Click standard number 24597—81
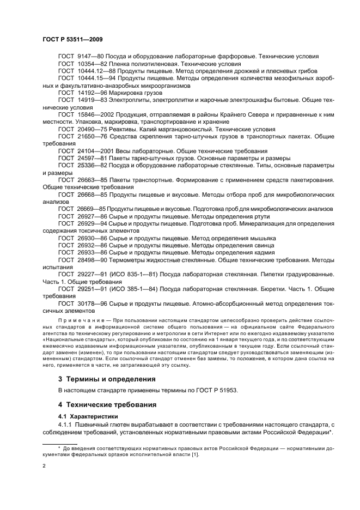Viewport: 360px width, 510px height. pyautogui.click(x=91, y=158)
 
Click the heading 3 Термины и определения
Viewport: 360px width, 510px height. pyautogui.click(x=106, y=379)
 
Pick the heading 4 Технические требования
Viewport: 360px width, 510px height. pyautogui.click(x=107, y=405)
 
